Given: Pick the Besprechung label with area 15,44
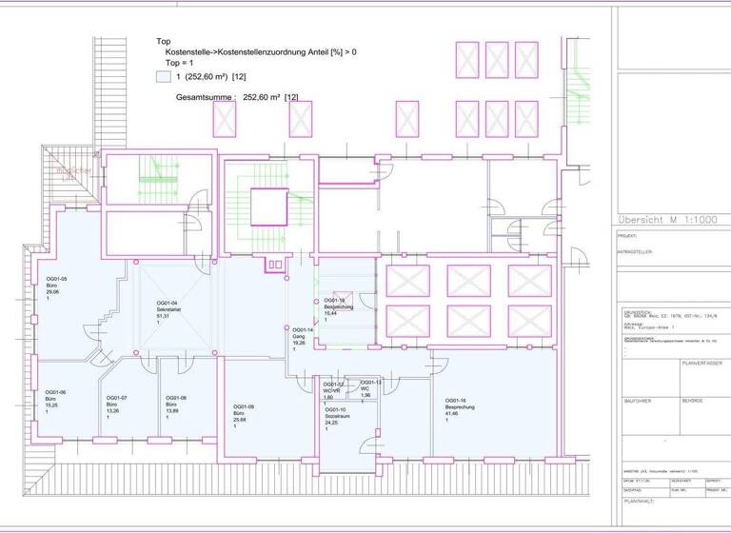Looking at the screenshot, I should (x=338, y=309).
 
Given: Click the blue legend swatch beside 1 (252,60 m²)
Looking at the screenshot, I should (x=162, y=77).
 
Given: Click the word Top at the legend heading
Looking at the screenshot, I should (x=164, y=42).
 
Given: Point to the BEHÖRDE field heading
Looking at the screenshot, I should (x=692, y=401).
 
